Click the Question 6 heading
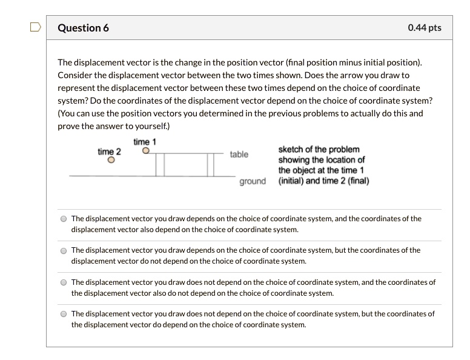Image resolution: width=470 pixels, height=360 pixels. (83, 28)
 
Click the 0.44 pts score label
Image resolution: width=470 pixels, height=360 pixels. (425, 28)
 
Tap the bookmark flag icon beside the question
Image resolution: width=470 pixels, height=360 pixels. (36, 27)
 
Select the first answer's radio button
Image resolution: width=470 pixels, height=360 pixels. (63, 219)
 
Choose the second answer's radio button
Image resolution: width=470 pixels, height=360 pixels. (63, 251)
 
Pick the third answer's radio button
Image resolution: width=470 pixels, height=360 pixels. (63, 282)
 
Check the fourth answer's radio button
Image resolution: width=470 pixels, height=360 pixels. (63, 314)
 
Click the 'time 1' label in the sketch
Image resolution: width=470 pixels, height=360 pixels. (145, 142)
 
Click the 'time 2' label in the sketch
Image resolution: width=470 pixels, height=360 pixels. (109, 152)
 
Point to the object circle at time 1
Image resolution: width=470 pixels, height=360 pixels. (145, 152)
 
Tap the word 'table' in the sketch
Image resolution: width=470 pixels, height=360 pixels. (239, 155)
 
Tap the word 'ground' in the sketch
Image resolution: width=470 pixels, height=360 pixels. (252, 181)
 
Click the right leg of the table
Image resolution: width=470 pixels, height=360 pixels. (211, 165)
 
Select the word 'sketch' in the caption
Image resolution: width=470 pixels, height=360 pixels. (291, 149)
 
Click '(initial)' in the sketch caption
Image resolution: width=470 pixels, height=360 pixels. (293, 181)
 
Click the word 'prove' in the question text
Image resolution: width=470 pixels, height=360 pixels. (68, 126)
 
